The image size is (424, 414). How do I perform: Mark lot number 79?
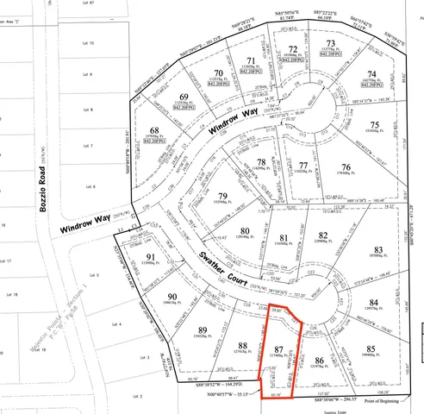(223, 198)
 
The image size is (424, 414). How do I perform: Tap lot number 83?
(377, 249)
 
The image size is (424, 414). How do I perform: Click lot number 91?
(151, 256)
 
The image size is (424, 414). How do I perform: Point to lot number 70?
(219, 73)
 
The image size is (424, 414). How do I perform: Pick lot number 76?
(346, 167)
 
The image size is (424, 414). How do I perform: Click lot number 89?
(203, 330)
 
